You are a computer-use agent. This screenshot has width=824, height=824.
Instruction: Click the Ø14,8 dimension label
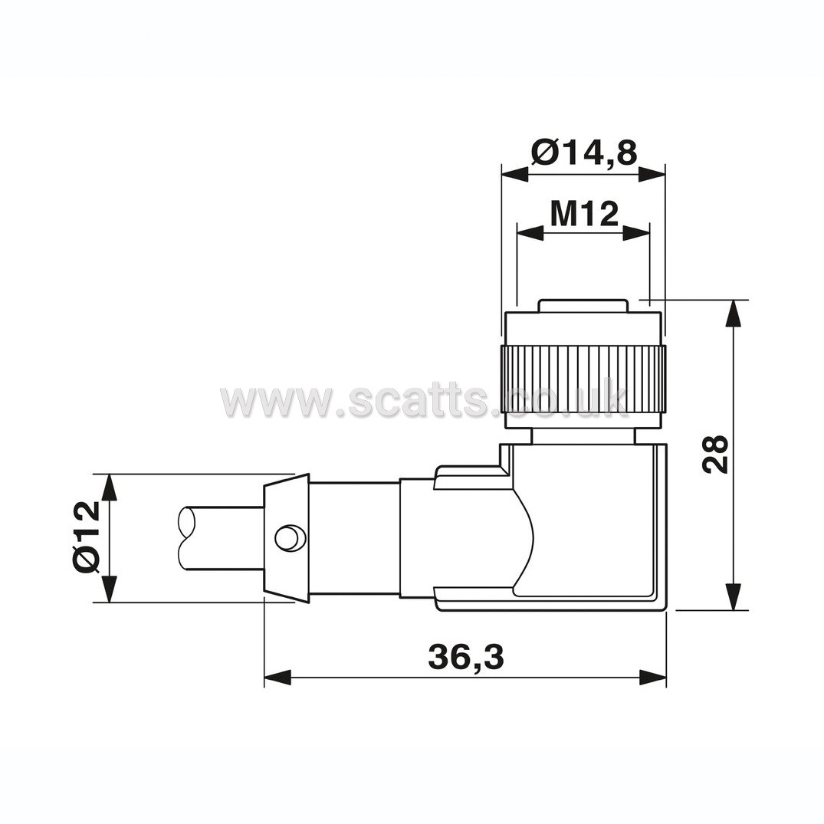click(584, 153)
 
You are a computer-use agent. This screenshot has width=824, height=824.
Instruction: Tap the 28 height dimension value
click(716, 454)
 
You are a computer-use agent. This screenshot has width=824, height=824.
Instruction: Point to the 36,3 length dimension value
click(466, 657)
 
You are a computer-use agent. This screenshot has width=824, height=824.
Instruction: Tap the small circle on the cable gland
click(288, 537)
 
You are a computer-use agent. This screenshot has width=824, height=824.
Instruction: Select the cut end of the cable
click(187, 537)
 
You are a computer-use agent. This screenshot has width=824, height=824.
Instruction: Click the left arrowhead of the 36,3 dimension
click(277, 677)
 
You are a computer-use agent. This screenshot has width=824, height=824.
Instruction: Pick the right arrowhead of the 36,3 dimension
click(652, 677)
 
